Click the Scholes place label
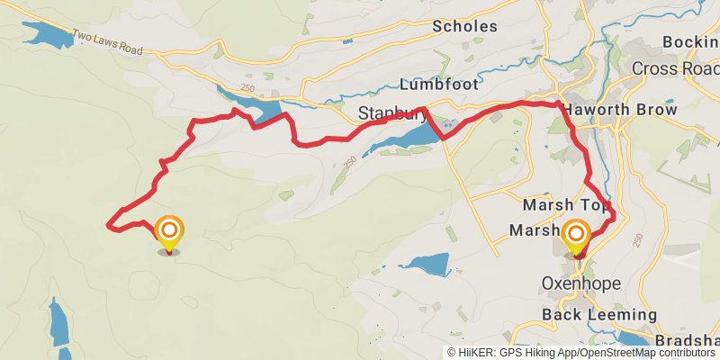(x=464, y=26)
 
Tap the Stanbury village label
(x=390, y=114)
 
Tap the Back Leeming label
(x=599, y=314)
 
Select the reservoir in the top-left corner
(x=45, y=34)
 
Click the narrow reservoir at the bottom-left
(x=58, y=324)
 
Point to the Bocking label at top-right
(x=690, y=41)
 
